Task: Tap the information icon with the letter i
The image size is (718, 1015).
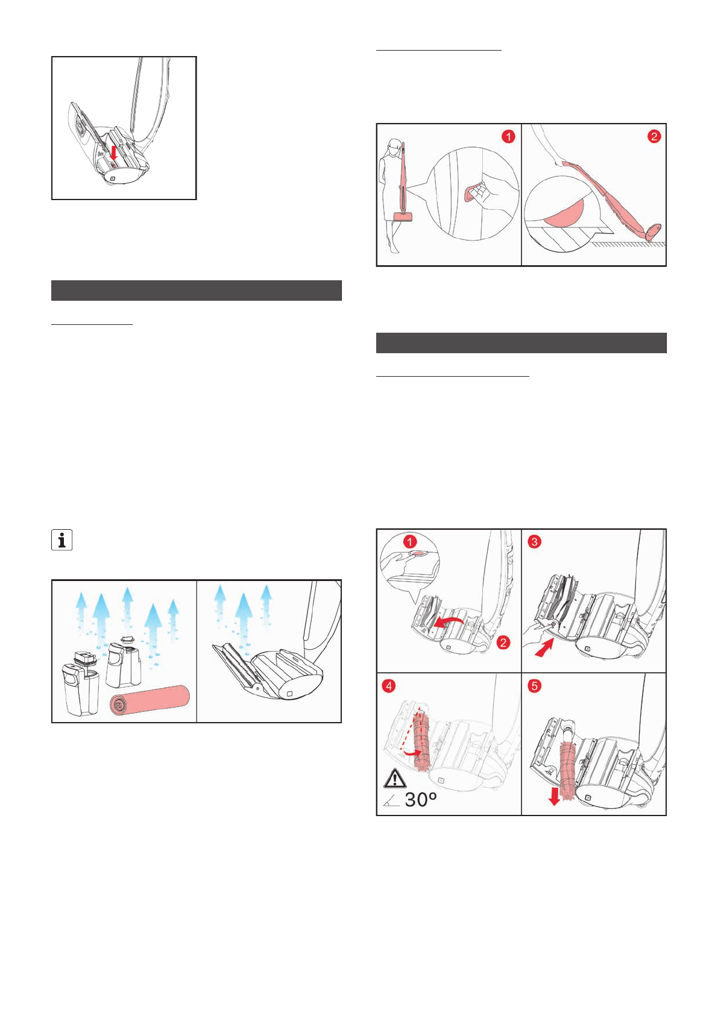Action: pyautogui.click(x=62, y=540)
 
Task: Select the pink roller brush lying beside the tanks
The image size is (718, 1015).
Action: pyautogui.click(x=150, y=700)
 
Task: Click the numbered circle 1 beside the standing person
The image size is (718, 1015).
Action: pyautogui.click(x=508, y=137)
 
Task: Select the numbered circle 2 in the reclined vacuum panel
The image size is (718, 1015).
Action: pyautogui.click(x=654, y=137)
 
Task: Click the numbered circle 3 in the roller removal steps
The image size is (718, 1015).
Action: pyautogui.click(x=534, y=542)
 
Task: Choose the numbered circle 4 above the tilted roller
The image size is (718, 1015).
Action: pyautogui.click(x=389, y=686)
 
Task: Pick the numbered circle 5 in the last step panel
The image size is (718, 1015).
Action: pyautogui.click(x=534, y=686)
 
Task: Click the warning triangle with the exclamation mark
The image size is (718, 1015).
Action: pyautogui.click(x=395, y=779)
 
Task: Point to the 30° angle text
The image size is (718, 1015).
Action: pyautogui.click(x=420, y=800)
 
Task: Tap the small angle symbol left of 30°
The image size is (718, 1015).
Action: pyautogui.click(x=391, y=801)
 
